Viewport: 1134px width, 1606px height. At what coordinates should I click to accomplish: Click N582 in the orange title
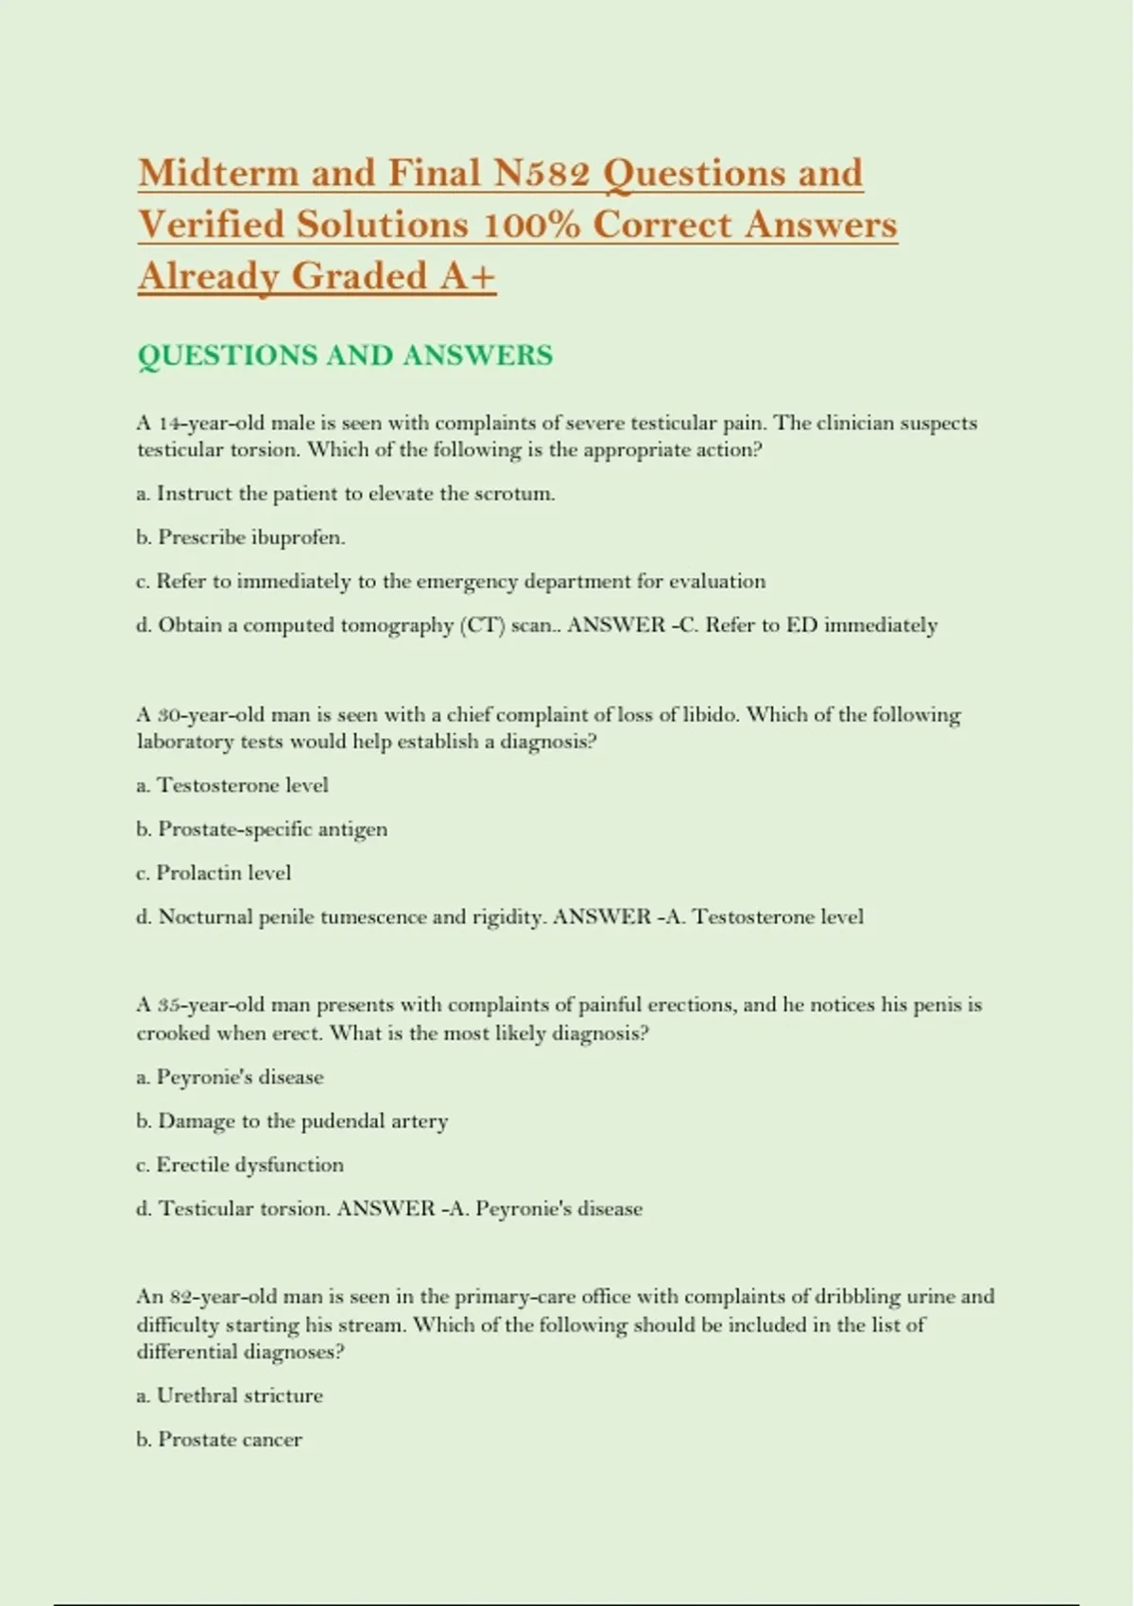point(541,173)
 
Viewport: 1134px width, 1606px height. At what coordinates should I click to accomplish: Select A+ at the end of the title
point(467,276)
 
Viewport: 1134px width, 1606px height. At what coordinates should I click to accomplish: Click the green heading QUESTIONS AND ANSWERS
point(345,355)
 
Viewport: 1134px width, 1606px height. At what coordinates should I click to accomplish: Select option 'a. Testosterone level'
point(232,785)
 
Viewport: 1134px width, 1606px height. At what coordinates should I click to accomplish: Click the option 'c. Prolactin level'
point(214,873)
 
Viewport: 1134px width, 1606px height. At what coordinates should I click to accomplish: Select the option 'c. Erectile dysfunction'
point(240,1165)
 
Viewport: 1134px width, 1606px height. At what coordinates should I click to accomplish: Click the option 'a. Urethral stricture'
point(230,1395)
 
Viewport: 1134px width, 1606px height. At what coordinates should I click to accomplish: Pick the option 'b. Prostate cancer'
point(219,1440)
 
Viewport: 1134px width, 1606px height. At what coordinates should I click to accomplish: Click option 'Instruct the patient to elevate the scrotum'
point(346,493)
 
